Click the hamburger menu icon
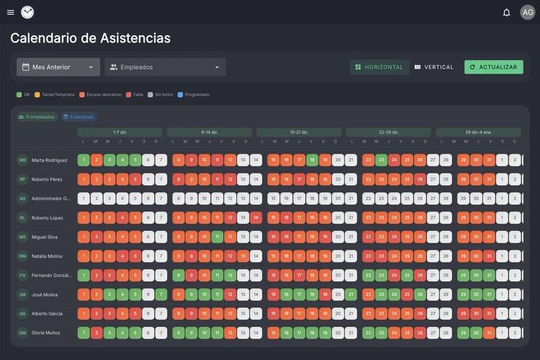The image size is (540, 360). pyautogui.click(x=10, y=12)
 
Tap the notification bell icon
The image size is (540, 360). pyautogui.click(x=506, y=12)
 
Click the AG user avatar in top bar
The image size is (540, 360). pyautogui.click(x=527, y=12)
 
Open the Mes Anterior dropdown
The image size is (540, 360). pyautogui.click(x=58, y=67)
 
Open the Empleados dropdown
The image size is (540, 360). pyautogui.click(x=165, y=67)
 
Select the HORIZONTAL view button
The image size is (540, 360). pyautogui.click(x=379, y=67)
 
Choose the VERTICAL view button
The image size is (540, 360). pyautogui.click(x=434, y=67)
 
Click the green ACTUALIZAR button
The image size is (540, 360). pyautogui.click(x=493, y=67)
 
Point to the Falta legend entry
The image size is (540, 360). pyautogui.click(x=134, y=95)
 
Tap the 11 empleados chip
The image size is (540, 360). pyautogui.click(x=38, y=117)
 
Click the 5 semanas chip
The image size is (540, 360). pyautogui.click(x=79, y=117)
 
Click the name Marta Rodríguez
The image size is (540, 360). pyautogui.click(x=49, y=160)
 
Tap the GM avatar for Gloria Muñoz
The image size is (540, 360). pyautogui.click(x=22, y=333)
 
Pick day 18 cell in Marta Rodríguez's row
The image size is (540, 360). pyautogui.click(x=312, y=160)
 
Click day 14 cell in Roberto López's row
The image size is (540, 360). pyautogui.click(x=256, y=218)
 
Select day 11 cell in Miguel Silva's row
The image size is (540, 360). pyautogui.click(x=217, y=237)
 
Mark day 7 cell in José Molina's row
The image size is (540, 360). pyautogui.click(x=161, y=294)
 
